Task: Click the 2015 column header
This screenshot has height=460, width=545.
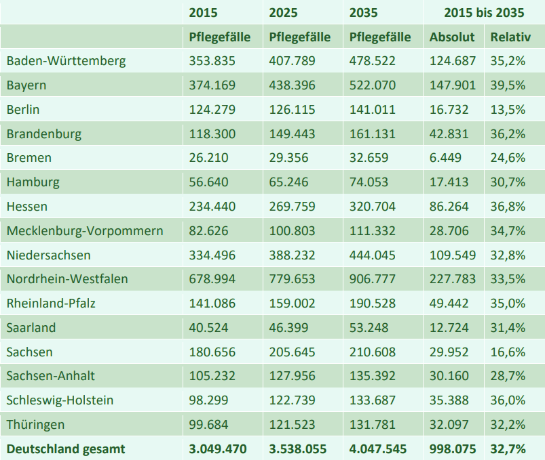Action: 204,13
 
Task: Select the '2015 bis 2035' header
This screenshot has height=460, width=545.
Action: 484,13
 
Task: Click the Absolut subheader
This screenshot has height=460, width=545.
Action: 452,37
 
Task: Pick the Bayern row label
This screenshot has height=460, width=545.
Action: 26,85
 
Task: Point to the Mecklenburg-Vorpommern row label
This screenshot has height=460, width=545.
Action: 85,231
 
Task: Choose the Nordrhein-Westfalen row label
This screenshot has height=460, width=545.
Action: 67,279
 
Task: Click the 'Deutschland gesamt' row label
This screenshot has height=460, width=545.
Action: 66,448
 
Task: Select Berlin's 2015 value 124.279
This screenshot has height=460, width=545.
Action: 212,110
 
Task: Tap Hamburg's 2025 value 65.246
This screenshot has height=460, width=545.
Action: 288,182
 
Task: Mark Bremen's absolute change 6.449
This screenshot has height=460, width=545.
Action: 445,158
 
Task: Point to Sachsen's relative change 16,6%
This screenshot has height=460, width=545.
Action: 508,352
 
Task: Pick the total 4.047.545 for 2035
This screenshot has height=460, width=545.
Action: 380,448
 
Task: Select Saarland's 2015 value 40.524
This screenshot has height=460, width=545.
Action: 208,328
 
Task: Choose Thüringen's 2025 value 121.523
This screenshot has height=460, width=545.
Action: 292,425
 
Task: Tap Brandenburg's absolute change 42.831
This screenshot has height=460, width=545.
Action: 449,134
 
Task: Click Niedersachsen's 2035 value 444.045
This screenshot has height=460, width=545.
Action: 372,255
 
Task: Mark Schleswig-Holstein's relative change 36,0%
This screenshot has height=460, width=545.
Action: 508,400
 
